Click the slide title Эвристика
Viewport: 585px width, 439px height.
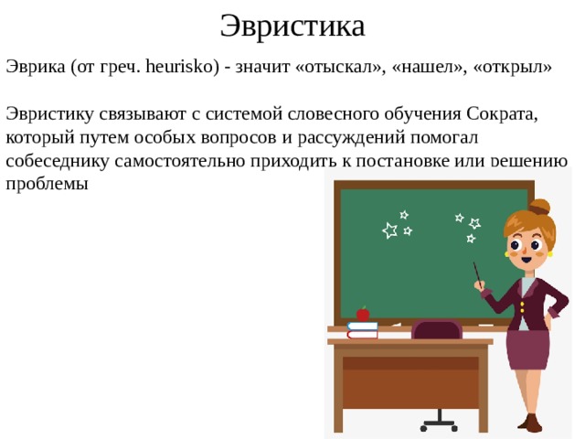(x=292, y=27)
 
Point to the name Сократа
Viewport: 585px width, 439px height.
(x=502, y=114)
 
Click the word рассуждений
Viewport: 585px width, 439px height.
(x=351, y=138)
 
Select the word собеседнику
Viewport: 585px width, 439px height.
(x=58, y=161)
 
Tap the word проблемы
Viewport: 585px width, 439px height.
(x=47, y=185)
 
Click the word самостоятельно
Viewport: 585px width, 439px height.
(x=180, y=161)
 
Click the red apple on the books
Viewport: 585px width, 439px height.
(x=363, y=314)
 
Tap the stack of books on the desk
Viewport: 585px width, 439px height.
(x=362, y=330)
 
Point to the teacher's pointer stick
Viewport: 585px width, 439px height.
(x=477, y=274)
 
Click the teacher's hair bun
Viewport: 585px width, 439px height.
(x=539, y=207)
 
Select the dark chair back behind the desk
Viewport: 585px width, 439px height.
(x=437, y=329)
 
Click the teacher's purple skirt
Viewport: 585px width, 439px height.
(x=527, y=349)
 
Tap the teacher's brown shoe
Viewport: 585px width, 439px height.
(x=530, y=423)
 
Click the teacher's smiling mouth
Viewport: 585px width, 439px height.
(x=526, y=258)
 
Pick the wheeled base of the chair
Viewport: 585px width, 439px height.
(x=439, y=424)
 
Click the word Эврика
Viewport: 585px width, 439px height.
(x=36, y=68)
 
